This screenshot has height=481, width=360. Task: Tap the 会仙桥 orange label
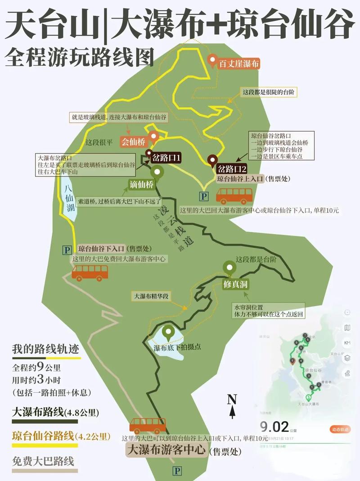[133, 142]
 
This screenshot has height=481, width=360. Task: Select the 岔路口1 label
[166, 158]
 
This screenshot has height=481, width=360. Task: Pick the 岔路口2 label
[232, 169]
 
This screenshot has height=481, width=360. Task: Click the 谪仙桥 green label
[141, 185]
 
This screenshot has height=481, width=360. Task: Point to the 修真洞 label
[235, 285]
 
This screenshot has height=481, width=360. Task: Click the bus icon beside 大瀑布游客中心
[148, 426]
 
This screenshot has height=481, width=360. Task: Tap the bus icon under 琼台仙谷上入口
[234, 195]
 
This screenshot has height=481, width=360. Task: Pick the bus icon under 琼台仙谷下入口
[90, 272]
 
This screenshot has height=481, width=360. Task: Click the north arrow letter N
[232, 399]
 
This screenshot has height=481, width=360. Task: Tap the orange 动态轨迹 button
[340, 430]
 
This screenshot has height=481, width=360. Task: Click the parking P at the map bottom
[177, 471]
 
